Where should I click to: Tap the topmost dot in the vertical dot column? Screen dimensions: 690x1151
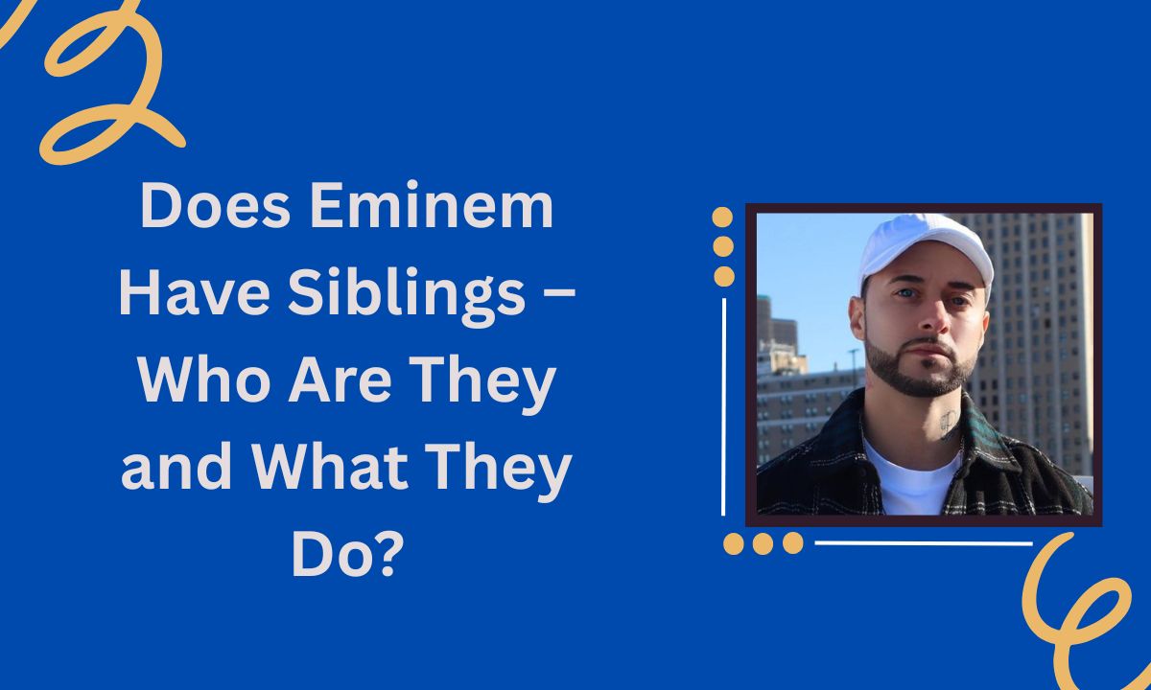click(x=723, y=218)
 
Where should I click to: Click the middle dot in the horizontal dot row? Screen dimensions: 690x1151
click(x=763, y=544)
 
